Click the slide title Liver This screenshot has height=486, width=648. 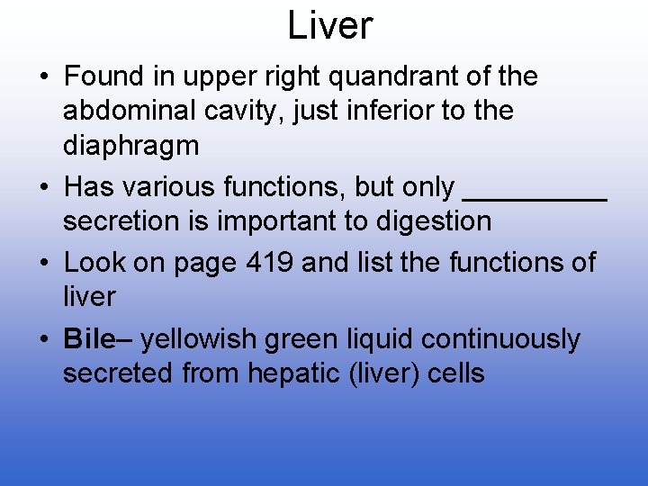pyautogui.click(x=329, y=26)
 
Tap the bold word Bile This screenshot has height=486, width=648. pyautogui.click(x=89, y=339)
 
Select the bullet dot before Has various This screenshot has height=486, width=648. pyautogui.click(x=43, y=188)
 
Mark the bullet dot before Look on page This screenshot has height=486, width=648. pyautogui.click(x=43, y=264)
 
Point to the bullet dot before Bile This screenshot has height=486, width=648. pyautogui.click(x=43, y=340)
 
